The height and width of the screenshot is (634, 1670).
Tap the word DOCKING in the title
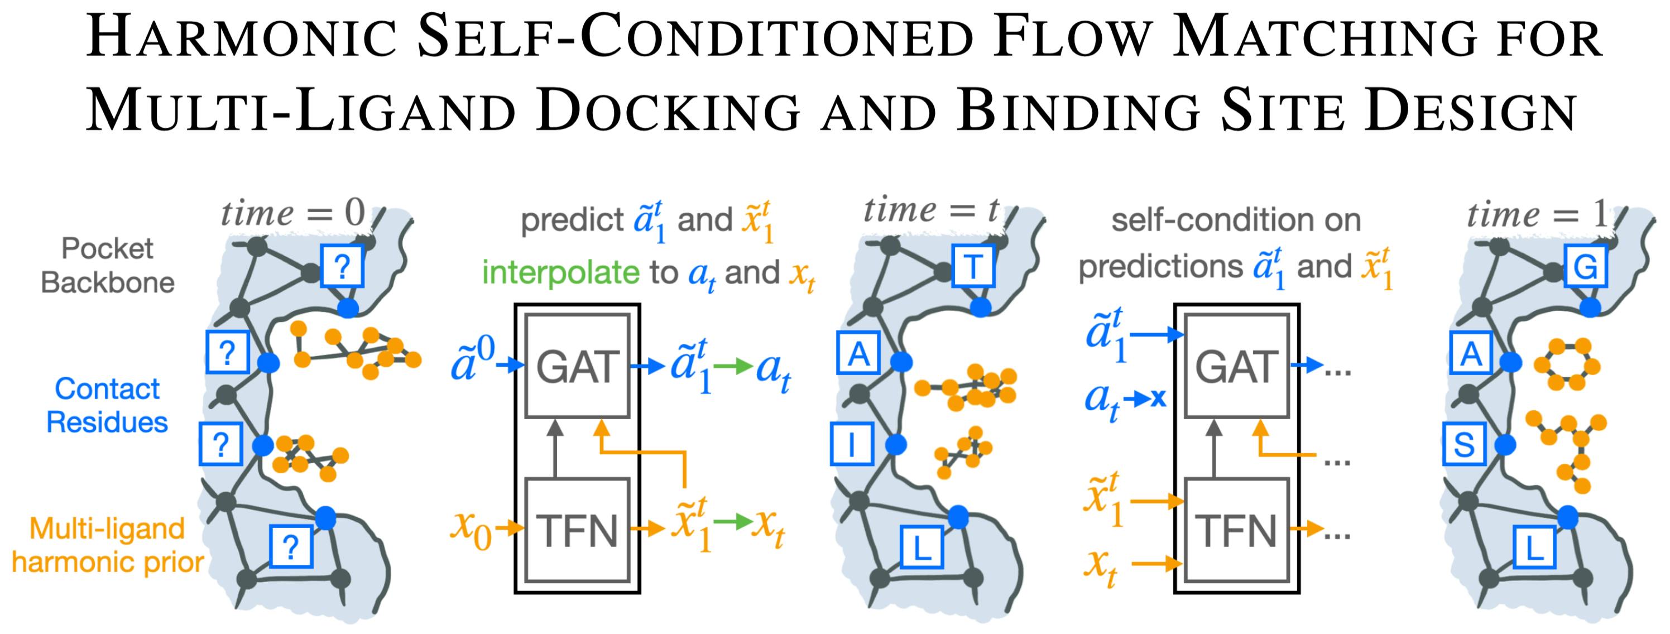[x=668, y=112]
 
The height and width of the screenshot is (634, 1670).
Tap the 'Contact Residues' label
[x=107, y=405]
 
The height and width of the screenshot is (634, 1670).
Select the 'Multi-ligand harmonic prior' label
[x=108, y=545]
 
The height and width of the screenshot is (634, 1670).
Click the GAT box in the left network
[x=577, y=367]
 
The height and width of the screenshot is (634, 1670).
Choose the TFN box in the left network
[x=577, y=530]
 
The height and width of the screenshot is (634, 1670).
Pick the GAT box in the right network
[x=1236, y=367]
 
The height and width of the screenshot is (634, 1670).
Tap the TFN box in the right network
[x=1236, y=530]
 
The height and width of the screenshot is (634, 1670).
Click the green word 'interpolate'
[x=560, y=272]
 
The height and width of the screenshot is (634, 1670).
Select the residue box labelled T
[x=972, y=266]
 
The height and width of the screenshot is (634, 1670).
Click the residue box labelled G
[x=1585, y=266]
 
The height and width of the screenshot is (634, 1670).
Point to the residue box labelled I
[x=851, y=445]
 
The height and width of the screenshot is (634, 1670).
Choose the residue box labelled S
[x=1465, y=445]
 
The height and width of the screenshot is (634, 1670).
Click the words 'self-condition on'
[x=1236, y=220]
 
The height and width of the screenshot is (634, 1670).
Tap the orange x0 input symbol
[x=471, y=529]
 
